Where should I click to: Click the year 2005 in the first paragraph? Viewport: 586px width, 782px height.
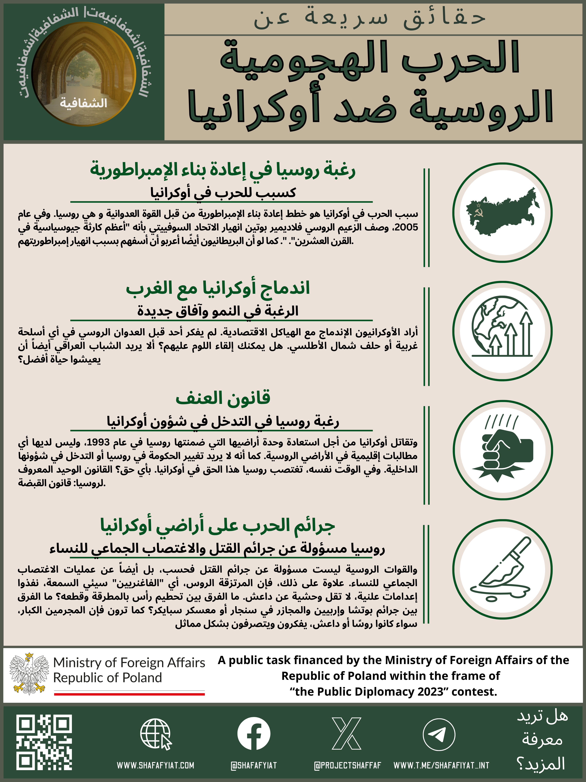(x=406, y=228)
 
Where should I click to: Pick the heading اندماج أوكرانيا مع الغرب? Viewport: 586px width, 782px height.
(x=218, y=288)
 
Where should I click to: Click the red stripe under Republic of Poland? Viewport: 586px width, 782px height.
(x=129, y=694)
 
